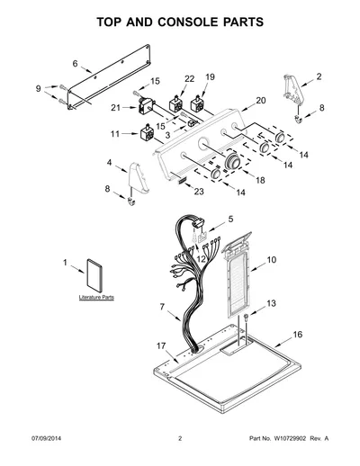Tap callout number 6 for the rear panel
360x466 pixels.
(x=75, y=64)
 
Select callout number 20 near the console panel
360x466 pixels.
(x=261, y=101)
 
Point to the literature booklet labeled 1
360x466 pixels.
(x=94, y=275)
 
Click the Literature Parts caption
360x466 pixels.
(x=96, y=297)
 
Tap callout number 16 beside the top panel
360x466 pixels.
(x=297, y=335)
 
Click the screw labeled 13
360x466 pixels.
(x=246, y=318)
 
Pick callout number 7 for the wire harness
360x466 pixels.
(x=162, y=307)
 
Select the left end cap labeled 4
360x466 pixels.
(x=139, y=178)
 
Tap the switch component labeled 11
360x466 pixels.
(x=147, y=133)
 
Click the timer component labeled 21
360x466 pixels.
(x=146, y=106)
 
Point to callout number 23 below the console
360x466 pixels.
(x=199, y=192)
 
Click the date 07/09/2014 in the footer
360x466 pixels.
(x=46, y=438)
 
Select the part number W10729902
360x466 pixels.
(x=290, y=438)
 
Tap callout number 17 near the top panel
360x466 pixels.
(x=161, y=345)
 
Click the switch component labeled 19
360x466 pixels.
(x=196, y=104)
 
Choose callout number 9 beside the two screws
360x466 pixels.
(x=38, y=89)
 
